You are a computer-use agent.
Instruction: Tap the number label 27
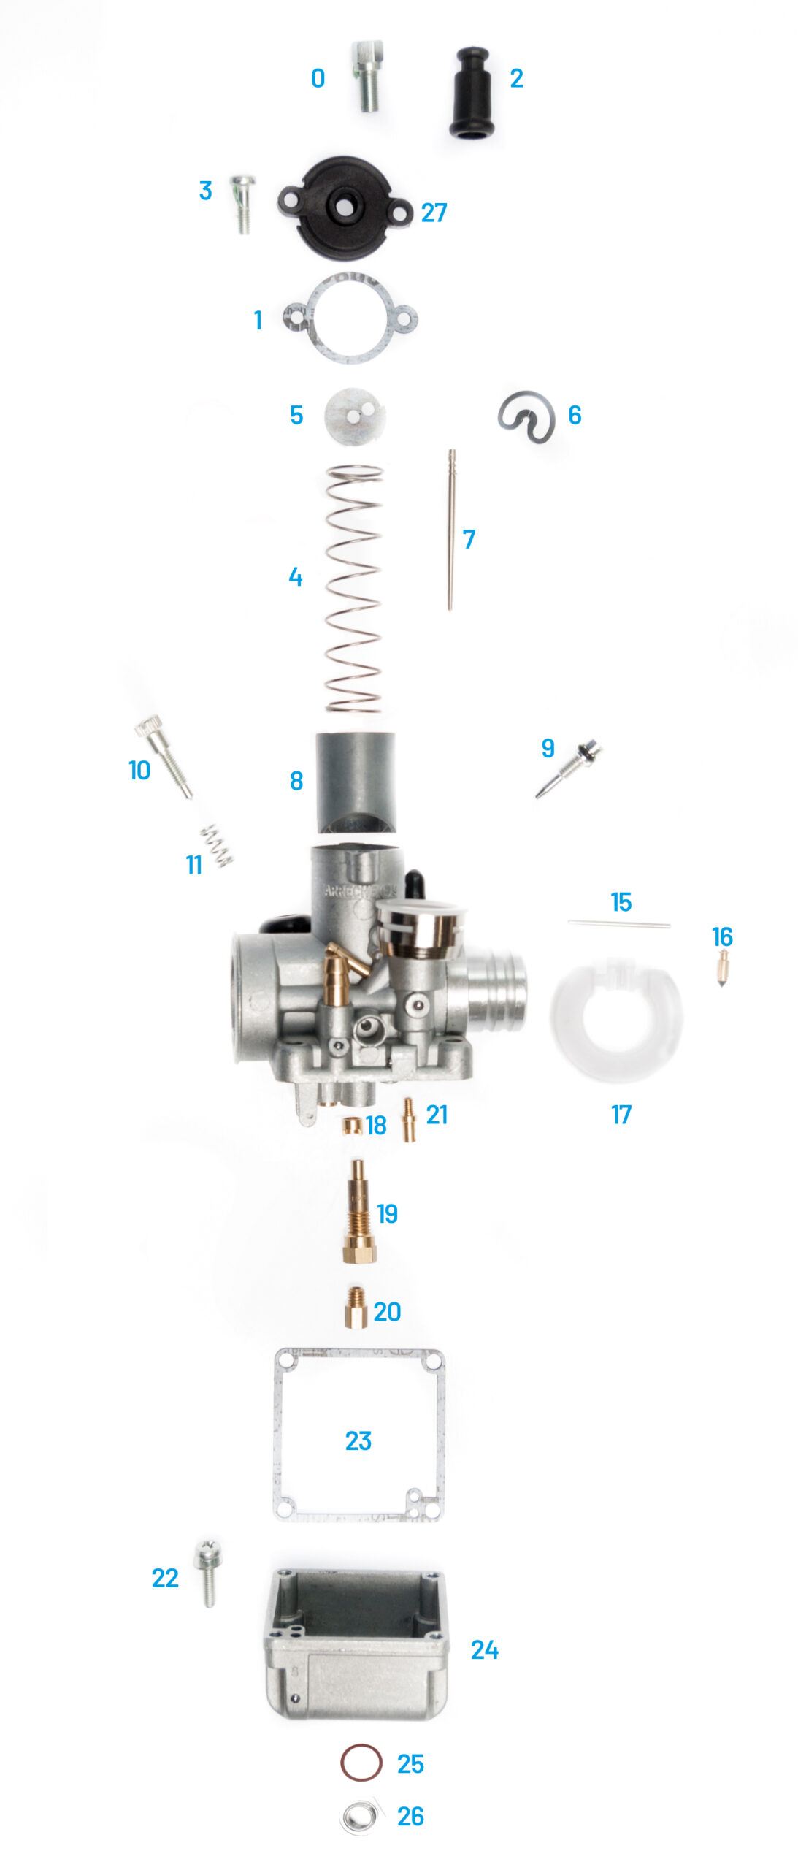click(434, 213)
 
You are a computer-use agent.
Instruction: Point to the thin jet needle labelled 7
click(451, 530)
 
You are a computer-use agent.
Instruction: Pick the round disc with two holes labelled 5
click(355, 416)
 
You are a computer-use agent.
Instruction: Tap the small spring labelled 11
click(217, 846)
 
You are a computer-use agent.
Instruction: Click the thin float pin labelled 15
click(619, 924)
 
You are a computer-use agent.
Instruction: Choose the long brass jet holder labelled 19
click(359, 1212)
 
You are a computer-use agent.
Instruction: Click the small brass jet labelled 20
click(356, 1307)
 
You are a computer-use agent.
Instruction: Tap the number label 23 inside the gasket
click(358, 1440)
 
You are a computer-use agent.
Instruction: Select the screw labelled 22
click(208, 1573)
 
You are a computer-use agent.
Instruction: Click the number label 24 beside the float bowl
click(485, 1649)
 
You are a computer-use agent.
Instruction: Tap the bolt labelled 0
click(368, 76)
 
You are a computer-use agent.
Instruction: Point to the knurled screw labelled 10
click(164, 756)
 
